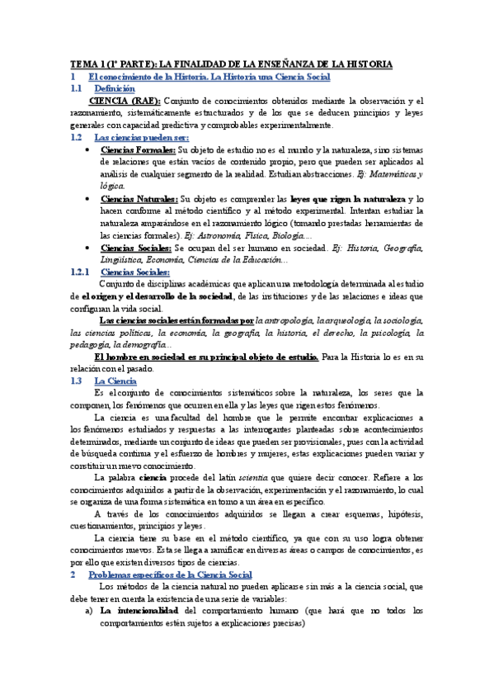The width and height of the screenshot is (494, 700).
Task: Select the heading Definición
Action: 114,88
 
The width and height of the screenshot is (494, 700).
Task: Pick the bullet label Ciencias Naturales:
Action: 139,199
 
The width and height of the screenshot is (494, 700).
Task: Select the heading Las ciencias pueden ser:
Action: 142,137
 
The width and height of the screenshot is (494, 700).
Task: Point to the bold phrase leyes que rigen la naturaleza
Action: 348,199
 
